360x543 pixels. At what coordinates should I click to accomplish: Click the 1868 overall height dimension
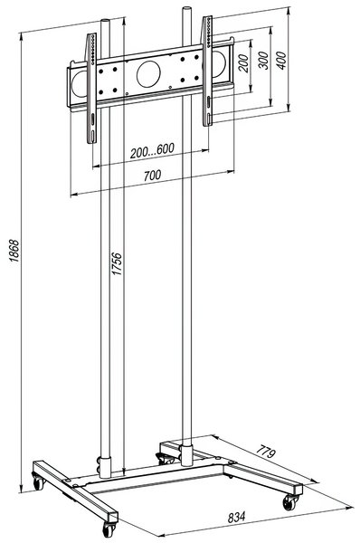click(x=14, y=251)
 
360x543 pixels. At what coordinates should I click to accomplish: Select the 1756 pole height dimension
click(x=117, y=264)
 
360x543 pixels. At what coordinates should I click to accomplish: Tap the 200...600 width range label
click(x=152, y=150)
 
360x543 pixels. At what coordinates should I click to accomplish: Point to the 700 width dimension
click(x=152, y=176)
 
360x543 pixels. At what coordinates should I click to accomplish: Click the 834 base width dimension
click(x=237, y=518)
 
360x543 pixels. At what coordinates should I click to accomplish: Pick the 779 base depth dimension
click(x=266, y=452)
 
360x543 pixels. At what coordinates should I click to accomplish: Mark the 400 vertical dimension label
click(x=282, y=61)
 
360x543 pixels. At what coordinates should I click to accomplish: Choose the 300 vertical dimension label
click(x=263, y=61)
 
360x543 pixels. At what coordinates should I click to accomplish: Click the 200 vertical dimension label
click(x=243, y=63)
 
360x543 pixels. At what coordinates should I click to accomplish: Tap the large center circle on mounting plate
click(x=148, y=74)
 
